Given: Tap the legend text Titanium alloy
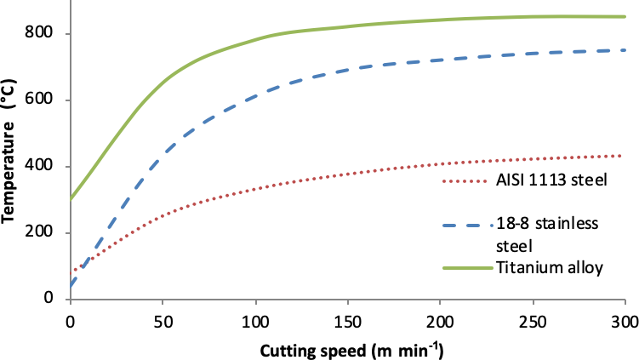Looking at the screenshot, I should coord(548,268).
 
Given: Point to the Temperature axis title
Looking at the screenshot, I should coord(12,162).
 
